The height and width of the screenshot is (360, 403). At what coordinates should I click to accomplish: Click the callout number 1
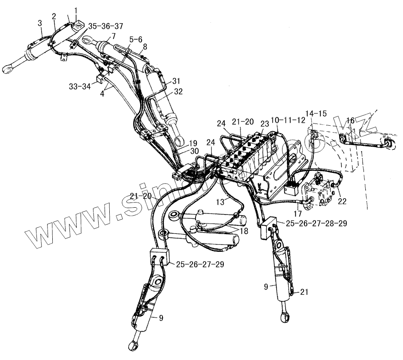pos(76,10)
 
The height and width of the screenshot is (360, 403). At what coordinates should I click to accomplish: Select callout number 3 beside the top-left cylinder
pos(40,22)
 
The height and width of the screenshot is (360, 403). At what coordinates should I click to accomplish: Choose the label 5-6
pos(135,39)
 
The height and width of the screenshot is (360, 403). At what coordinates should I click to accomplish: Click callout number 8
pos(145,46)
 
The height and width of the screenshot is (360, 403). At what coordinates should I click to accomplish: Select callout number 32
pos(178,91)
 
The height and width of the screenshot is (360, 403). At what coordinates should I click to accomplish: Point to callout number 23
pos(265,124)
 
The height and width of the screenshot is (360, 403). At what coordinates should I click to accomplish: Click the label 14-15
pos(316,114)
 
